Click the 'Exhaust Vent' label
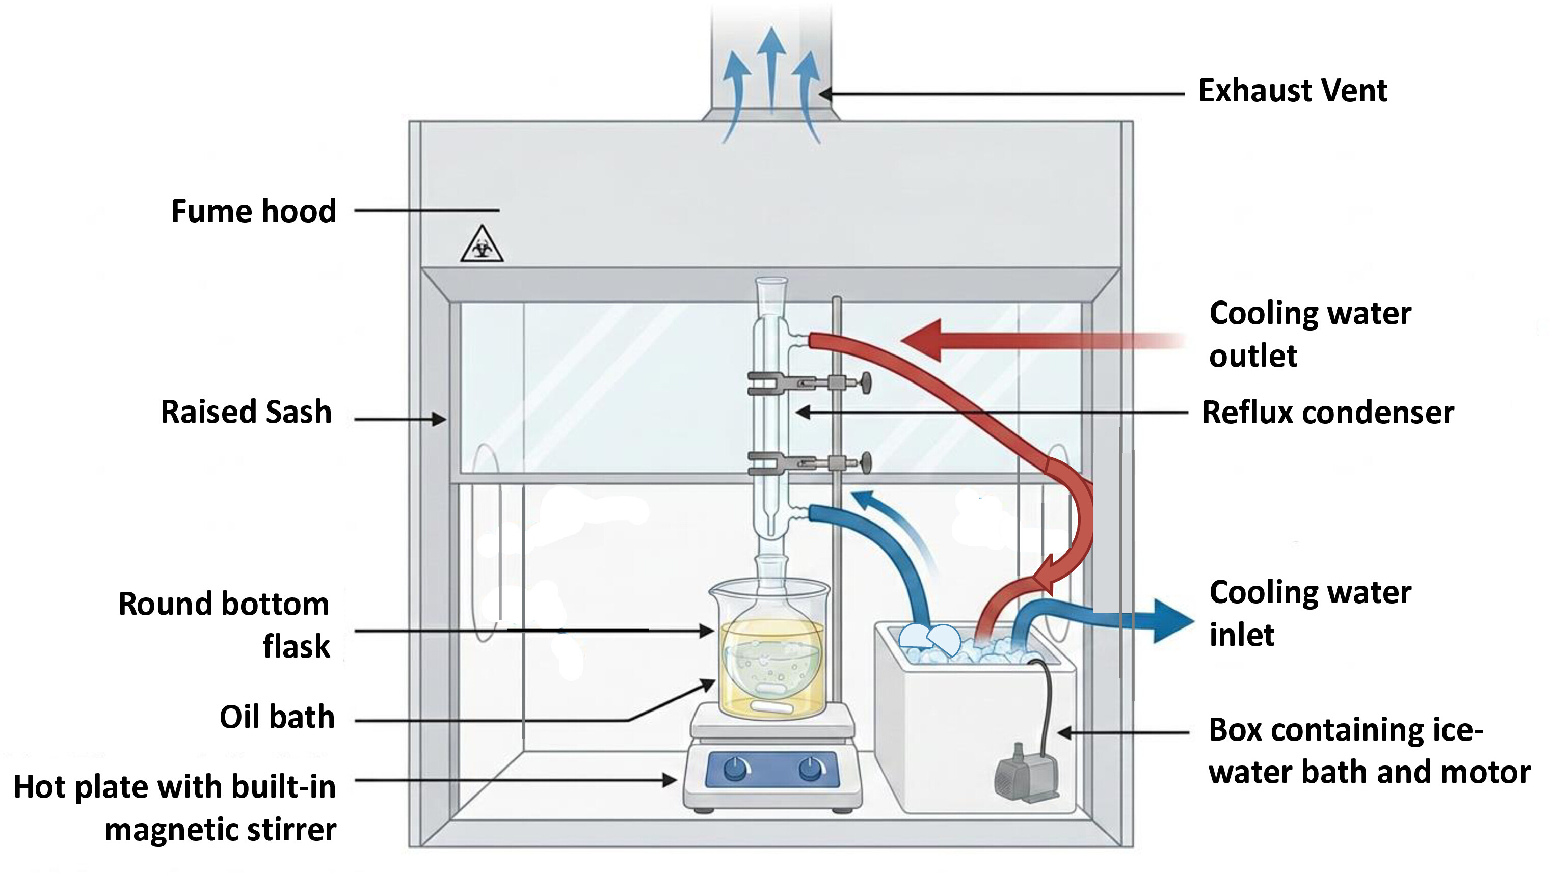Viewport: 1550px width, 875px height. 1293,91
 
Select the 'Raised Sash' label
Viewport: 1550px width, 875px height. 246,413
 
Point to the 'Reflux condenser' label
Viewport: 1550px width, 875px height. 1328,413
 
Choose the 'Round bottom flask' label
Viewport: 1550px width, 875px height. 224,625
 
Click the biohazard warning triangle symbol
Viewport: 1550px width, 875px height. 482,244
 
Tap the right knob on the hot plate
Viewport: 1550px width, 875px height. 812,769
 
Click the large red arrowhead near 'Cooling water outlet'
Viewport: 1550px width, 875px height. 921,340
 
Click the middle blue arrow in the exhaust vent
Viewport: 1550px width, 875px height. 771,69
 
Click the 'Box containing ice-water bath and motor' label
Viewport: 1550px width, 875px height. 1370,751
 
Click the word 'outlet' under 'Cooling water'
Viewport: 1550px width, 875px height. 1253,356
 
